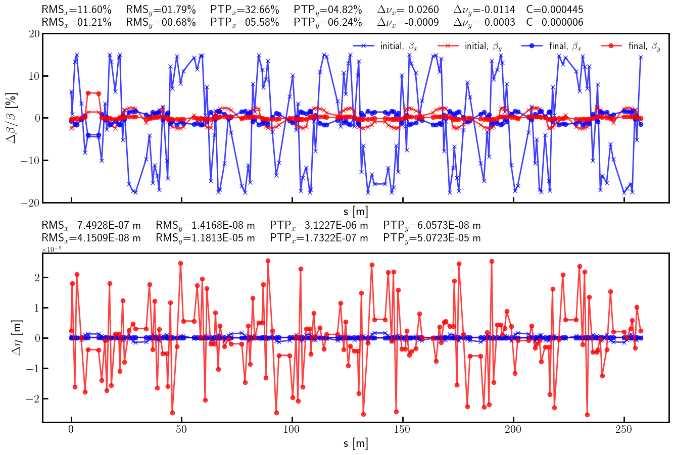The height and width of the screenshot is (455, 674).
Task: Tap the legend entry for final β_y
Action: tap(631, 46)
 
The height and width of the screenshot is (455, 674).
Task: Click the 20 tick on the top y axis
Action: tap(34, 34)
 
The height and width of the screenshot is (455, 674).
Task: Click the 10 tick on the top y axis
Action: tap(34, 76)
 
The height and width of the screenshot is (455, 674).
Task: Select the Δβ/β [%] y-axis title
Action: tap(12, 118)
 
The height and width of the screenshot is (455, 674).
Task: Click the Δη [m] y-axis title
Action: tap(17, 338)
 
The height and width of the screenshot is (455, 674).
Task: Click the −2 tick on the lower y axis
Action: tap(30, 398)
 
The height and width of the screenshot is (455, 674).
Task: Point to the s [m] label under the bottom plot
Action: tap(356, 443)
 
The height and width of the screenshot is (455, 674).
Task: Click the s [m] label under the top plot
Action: tap(356, 211)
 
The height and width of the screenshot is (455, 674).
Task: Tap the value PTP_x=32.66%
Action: tap(245, 10)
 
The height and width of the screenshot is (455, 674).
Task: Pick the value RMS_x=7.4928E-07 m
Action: tap(91, 225)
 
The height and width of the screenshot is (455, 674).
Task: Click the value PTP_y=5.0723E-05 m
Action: tap(432, 238)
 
